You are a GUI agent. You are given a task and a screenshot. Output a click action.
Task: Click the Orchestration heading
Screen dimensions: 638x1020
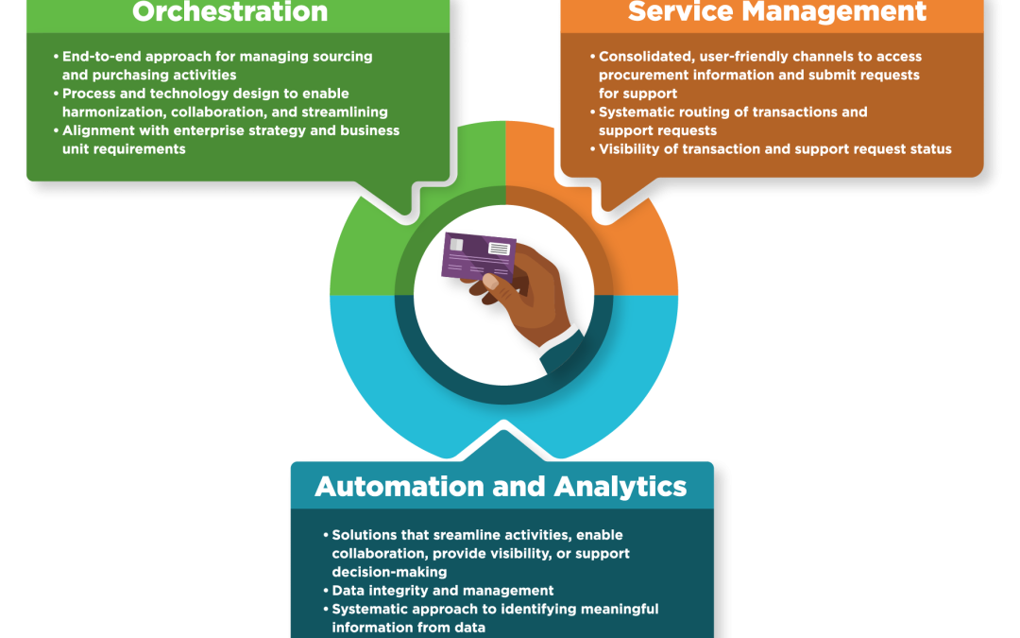(x=229, y=12)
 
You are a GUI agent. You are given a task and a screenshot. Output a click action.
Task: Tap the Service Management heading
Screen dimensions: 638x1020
(x=776, y=12)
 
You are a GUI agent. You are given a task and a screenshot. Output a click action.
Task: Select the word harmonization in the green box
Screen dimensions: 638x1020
(x=106, y=112)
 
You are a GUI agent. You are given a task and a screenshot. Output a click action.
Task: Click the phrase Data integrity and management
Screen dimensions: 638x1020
(x=443, y=591)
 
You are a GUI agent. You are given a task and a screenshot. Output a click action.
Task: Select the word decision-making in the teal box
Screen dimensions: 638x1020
(x=389, y=572)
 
